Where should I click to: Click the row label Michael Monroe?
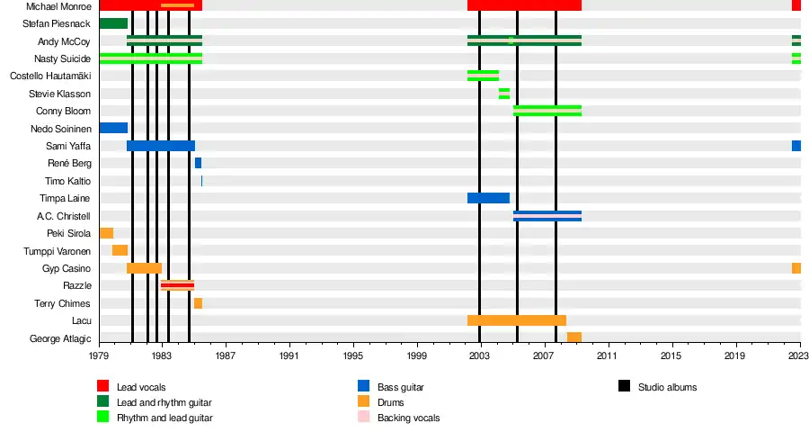click(x=58, y=6)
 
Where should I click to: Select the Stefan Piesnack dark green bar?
click(x=113, y=23)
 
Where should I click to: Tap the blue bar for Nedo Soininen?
click(x=113, y=128)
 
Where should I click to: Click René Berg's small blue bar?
click(x=198, y=163)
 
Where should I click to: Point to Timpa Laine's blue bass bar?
click(x=488, y=198)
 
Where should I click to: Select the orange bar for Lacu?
click(x=517, y=320)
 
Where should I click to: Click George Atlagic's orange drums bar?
click(x=574, y=337)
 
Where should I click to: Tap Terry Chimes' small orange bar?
click(x=198, y=303)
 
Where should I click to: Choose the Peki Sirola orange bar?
click(x=106, y=233)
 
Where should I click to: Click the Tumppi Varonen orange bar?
click(x=120, y=250)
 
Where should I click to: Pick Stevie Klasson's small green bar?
click(x=504, y=94)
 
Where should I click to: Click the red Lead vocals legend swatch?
click(x=102, y=387)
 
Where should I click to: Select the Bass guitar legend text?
click(x=400, y=387)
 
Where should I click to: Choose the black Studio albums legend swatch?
click(x=624, y=387)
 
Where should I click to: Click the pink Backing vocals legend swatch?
click(x=363, y=418)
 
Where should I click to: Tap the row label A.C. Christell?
click(x=64, y=216)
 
